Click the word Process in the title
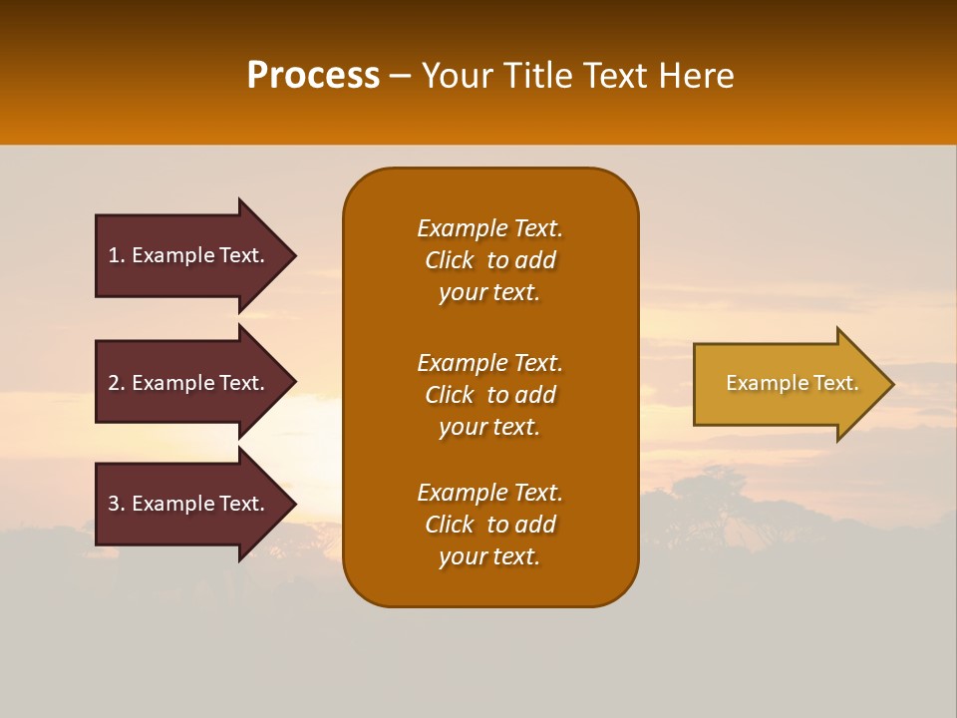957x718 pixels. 313,76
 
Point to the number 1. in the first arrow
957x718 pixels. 117,255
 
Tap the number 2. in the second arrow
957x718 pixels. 117,383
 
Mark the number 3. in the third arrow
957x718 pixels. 117,504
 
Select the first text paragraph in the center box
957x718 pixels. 489,260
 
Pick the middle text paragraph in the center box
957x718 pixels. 489,395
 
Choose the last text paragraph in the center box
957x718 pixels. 489,525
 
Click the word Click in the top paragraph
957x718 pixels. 450,260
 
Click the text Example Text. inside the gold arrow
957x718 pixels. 792,383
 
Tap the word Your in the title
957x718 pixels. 457,76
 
